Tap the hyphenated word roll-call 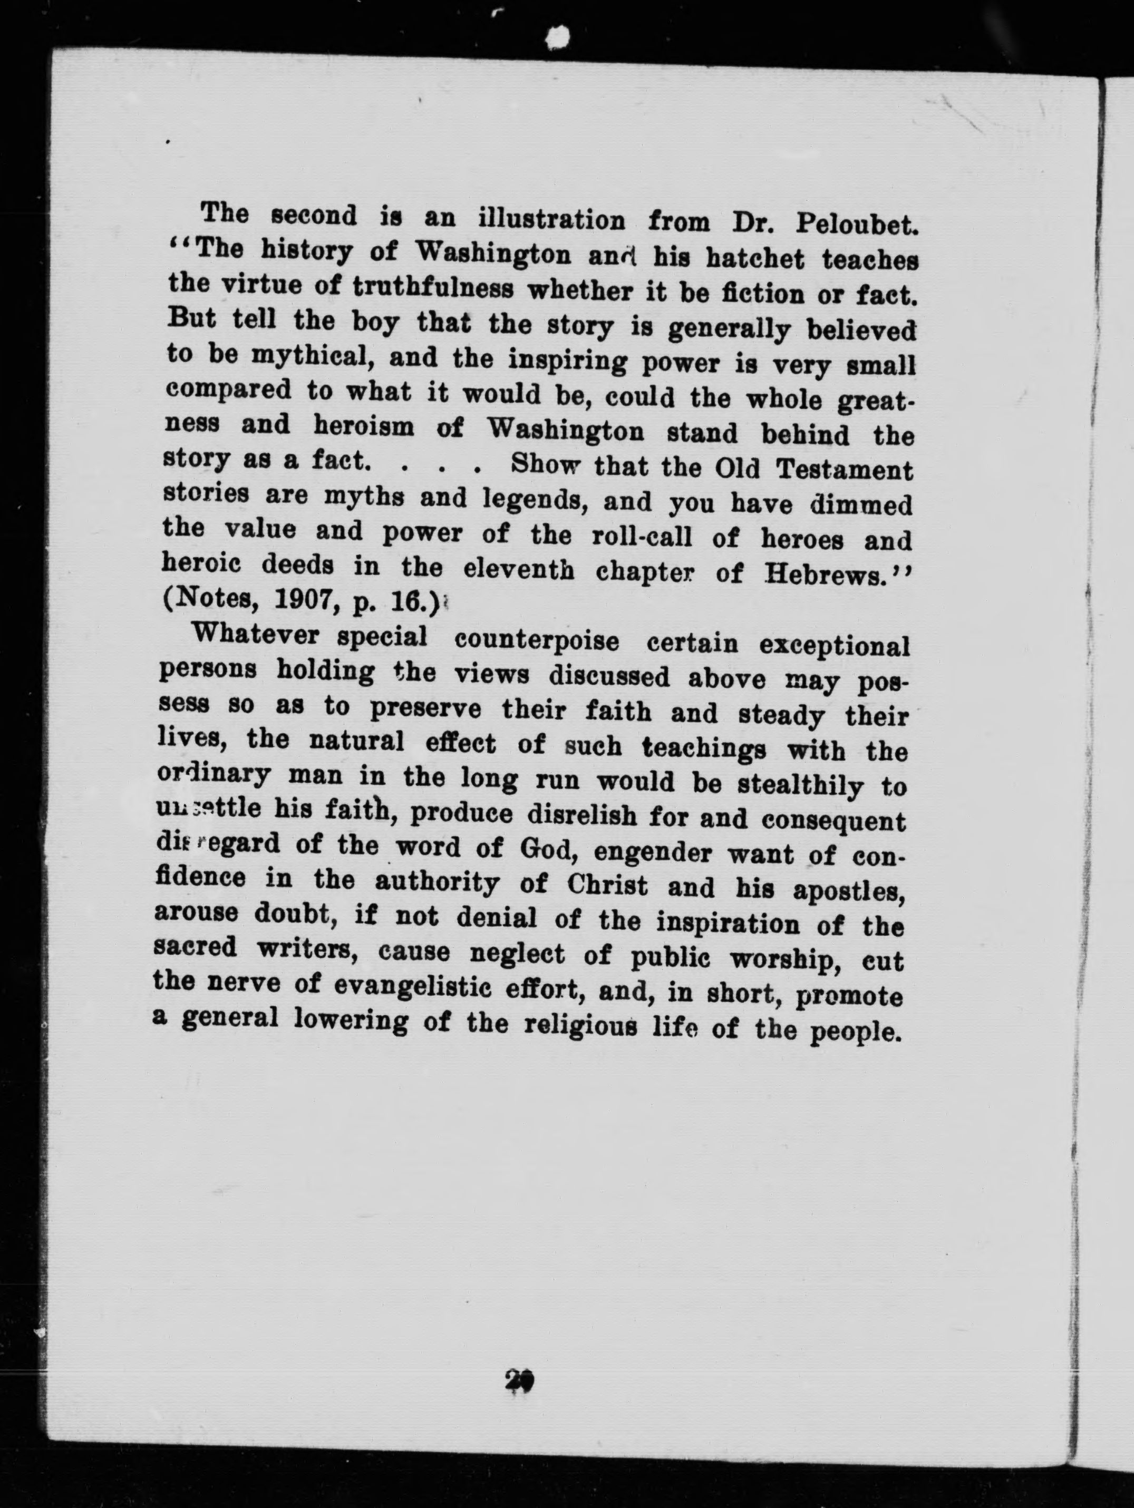click(x=641, y=537)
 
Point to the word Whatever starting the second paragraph click(x=256, y=635)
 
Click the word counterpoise click(x=536, y=641)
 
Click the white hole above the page click(x=558, y=37)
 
